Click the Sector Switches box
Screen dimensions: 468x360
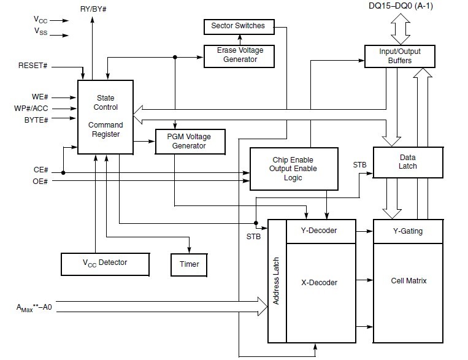coord(239,27)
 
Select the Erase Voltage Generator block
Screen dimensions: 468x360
coord(239,56)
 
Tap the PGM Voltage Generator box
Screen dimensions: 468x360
coord(190,142)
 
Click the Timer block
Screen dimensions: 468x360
coord(189,265)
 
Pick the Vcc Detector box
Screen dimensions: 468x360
coord(105,264)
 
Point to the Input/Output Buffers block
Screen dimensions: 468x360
coord(400,56)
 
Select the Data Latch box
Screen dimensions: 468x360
coord(408,163)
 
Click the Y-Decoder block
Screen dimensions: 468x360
coord(321,231)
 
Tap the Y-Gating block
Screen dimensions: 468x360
coord(408,231)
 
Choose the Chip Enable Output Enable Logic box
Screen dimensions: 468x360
coord(294,169)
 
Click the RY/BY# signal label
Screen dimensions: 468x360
coord(93,9)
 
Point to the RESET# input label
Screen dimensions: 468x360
coord(33,66)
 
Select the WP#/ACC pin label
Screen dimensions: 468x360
coord(31,109)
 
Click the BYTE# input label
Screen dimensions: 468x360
coord(36,120)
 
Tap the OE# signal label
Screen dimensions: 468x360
coord(40,182)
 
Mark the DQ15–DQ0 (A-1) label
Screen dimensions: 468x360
coord(401,6)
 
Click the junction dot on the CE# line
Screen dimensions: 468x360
coord(63,172)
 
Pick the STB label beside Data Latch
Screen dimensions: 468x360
coord(359,165)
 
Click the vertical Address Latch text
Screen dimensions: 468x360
coord(276,281)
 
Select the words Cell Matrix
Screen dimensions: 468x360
coord(409,281)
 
